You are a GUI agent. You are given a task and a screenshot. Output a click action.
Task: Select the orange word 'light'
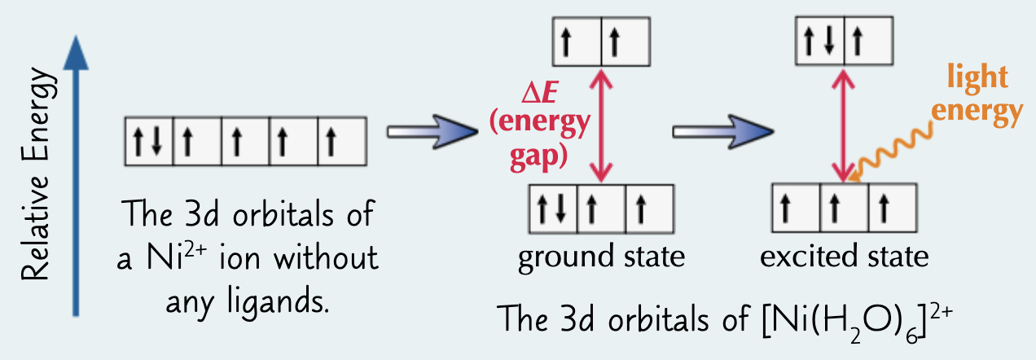977,80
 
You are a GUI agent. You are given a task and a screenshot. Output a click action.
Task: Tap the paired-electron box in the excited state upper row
820,42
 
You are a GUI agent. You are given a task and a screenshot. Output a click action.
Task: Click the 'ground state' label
601,257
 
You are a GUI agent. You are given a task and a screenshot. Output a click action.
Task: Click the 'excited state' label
844,257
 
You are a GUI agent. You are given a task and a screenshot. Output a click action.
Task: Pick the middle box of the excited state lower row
845,206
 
